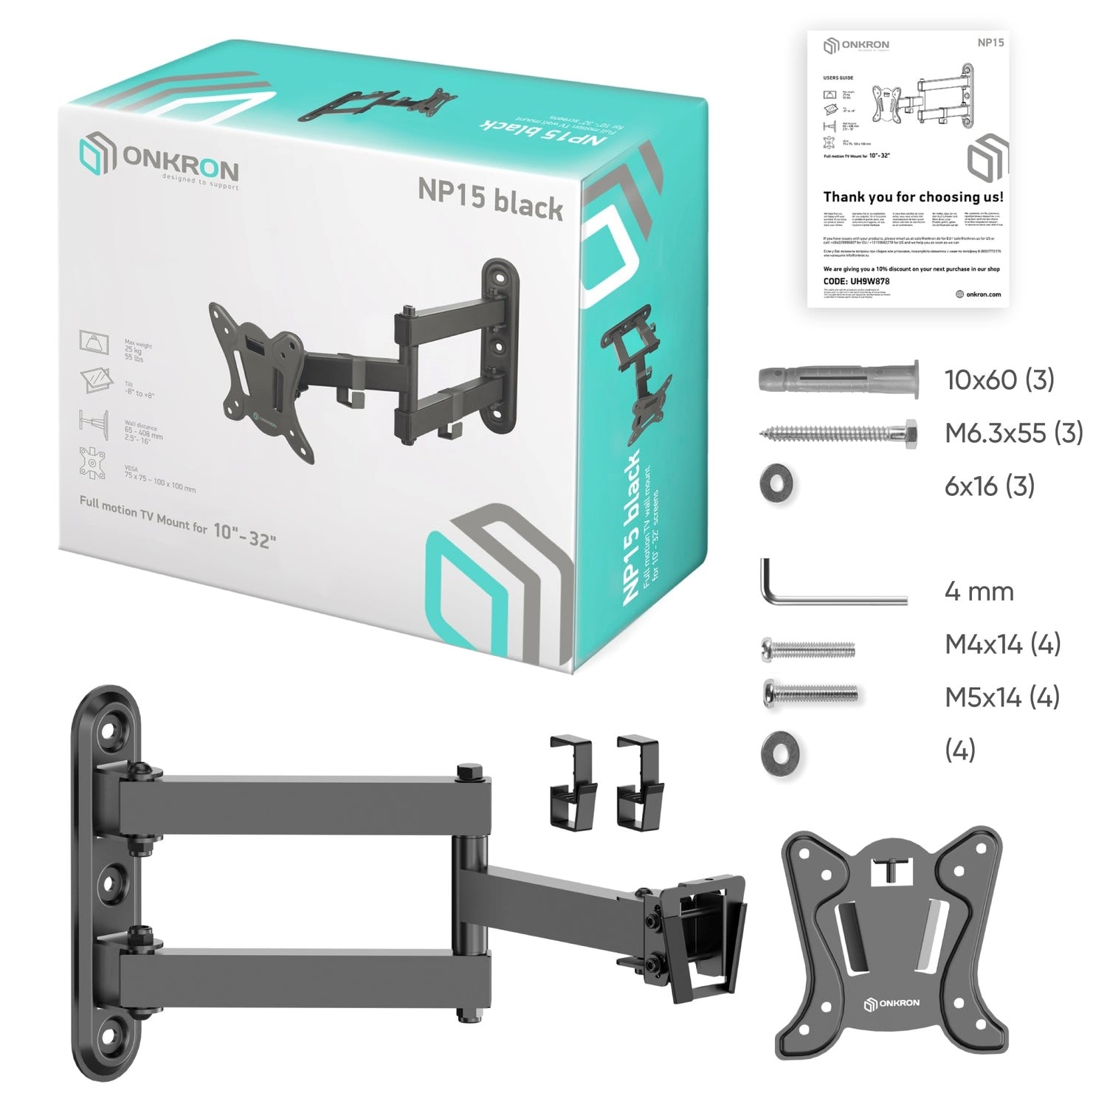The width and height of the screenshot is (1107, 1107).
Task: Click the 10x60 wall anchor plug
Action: pos(838,380)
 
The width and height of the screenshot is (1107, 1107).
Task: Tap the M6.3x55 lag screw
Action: pos(838,434)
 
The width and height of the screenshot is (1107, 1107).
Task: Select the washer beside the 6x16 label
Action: pos(778,486)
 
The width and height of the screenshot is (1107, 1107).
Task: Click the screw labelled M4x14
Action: pos(807,649)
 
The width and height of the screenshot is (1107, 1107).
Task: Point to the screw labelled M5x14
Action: pos(810,693)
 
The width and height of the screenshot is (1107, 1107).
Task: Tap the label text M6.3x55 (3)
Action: pos(1013,433)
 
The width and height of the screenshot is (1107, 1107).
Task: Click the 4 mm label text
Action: pos(979,592)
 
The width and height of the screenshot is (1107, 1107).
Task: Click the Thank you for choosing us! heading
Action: pos(913,197)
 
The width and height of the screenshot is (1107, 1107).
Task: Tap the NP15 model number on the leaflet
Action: pos(990,42)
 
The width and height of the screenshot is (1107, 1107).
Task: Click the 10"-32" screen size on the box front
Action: pos(245,534)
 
